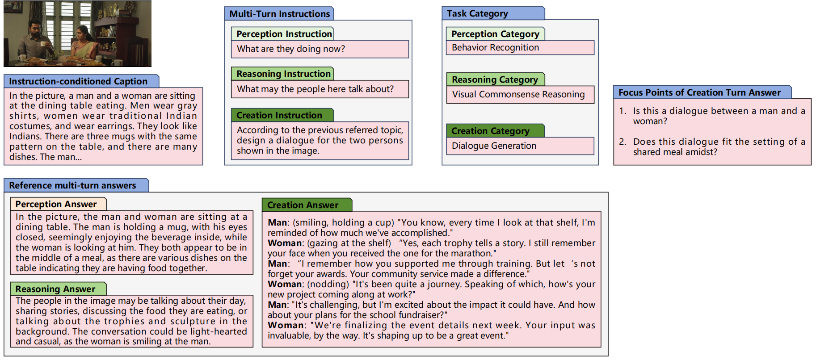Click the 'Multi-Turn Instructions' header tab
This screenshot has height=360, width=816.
(279, 14)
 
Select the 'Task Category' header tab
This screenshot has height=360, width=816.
(477, 13)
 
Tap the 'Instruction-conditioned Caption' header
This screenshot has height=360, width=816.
(78, 81)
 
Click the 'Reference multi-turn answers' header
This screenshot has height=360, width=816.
(72, 185)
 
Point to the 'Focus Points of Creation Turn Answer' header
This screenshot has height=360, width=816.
(699, 92)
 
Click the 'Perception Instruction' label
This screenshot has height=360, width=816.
(284, 34)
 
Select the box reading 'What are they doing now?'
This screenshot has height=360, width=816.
(320, 49)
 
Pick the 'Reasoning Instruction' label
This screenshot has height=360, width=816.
(283, 74)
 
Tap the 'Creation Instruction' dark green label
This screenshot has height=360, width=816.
(279, 115)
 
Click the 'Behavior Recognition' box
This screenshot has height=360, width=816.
(520, 48)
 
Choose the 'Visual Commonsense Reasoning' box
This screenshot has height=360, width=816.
(520, 95)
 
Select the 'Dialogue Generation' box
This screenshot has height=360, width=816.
(520, 146)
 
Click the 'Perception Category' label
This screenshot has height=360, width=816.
(495, 34)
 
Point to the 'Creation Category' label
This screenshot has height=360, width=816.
(490, 131)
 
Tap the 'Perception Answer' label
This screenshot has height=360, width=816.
(56, 204)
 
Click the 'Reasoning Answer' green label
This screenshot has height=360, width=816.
(55, 289)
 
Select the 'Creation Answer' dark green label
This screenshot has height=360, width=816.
(303, 205)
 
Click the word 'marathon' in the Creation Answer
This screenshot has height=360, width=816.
(473, 253)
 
